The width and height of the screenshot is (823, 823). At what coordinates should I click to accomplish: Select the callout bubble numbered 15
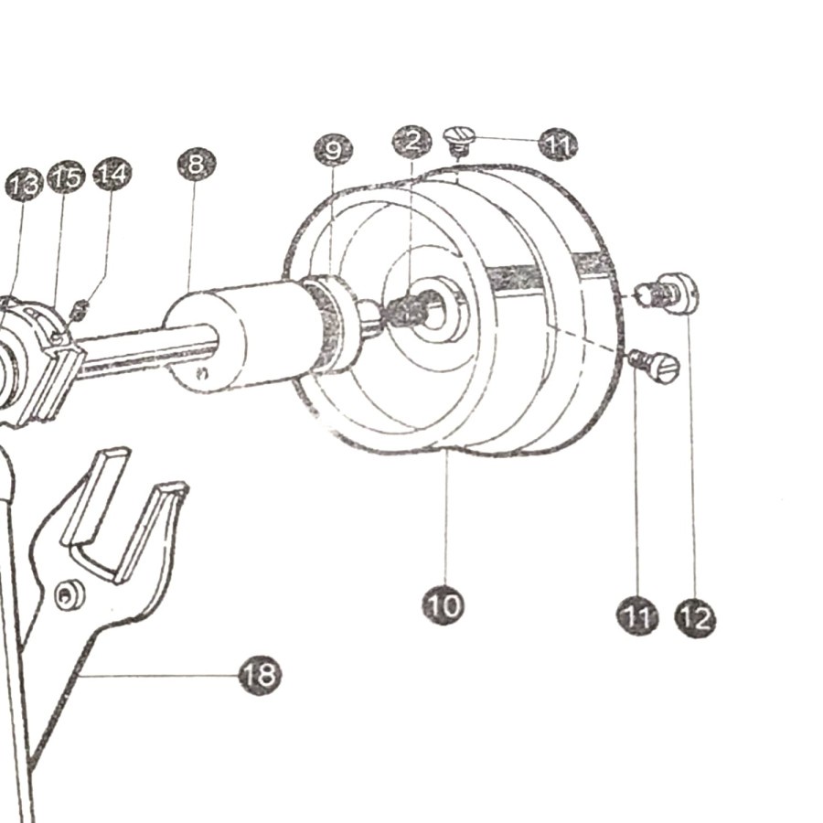pyautogui.click(x=66, y=177)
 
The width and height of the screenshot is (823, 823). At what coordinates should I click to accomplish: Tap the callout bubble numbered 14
pyautogui.click(x=112, y=174)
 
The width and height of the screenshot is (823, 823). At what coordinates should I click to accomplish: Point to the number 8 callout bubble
pyautogui.click(x=197, y=165)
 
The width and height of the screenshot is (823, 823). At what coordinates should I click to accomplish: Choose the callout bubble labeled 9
pyautogui.click(x=333, y=150)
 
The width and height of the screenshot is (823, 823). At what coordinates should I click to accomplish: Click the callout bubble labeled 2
pyautogui.click(x=412, y=141)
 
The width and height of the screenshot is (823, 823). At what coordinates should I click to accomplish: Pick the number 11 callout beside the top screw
pyautogui.click(x=559, y=144)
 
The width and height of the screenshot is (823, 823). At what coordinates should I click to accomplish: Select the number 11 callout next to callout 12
pyautogui.click(x=637, y=615)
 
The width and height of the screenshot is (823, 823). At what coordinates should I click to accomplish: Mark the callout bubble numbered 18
pyautogui.click(x=260, y=675)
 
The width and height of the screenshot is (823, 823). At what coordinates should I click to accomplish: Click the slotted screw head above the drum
pyautogui.click(x=459, y=139)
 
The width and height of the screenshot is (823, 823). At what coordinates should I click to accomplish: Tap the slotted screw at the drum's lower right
pyautogui.click(x=656, y=363)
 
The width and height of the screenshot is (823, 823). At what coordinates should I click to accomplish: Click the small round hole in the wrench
pyautogui.click(x=69, y=594)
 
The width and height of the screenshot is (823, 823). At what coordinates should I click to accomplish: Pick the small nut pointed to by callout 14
pyautogui.click(x=79, y=310)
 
